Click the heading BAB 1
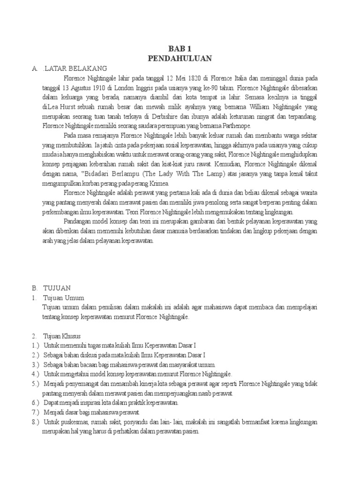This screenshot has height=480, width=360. tap(180, 48)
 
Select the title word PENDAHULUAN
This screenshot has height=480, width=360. tap(180, 58)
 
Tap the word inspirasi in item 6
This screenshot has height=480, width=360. tap(97, 403)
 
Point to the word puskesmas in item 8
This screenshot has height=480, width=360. tap(78, 422)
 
